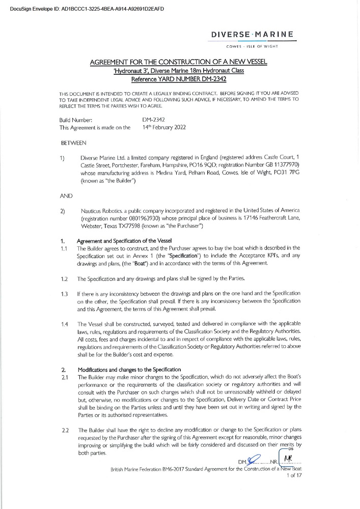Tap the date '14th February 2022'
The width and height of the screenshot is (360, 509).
click(x=164, y=127)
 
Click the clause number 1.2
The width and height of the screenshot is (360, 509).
click(x=65, y=279)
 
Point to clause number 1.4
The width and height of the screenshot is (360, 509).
click(x=65, y=324)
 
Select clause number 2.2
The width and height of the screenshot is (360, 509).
click(x=65, y=431)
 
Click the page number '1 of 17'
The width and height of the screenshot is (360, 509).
click(x=294, y=475)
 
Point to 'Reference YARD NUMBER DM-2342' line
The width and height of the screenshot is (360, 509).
click(x=179, y=79)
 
